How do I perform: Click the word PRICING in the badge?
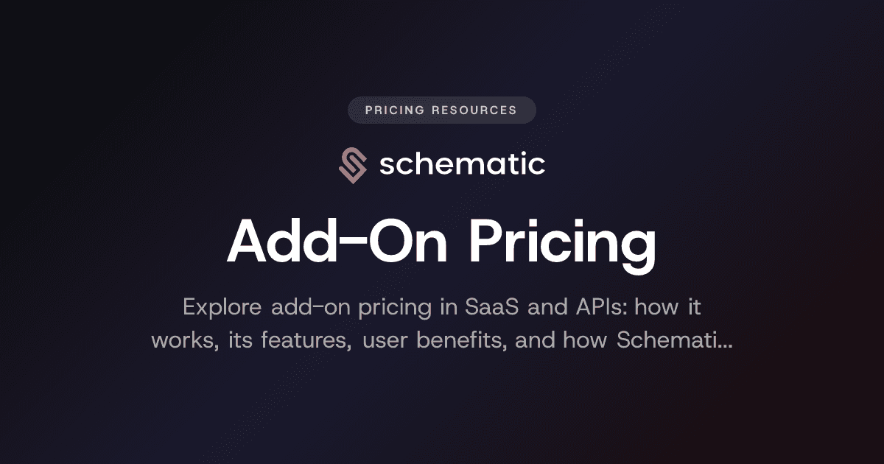395,110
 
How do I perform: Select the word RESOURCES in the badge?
475,110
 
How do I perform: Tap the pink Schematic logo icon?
352,165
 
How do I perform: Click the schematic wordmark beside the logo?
462,164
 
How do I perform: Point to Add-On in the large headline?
332,242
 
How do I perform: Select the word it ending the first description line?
693,306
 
